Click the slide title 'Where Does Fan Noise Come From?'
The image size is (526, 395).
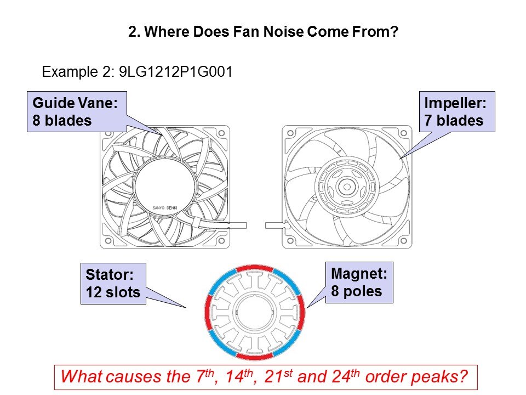tap(271, 32)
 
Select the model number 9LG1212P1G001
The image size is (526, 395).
tap(176, 71)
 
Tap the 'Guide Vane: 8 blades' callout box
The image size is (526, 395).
tap(77, 111)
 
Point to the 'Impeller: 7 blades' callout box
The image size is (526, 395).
tap(457, 111)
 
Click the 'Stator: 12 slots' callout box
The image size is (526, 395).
tap(113, 284)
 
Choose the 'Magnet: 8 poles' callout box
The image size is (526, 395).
tap(359, 283)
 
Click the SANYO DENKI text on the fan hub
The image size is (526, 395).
tap(165, 208)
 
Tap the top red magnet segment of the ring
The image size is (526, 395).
tap(255, 268)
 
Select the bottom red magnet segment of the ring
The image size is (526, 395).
tap(255, 357)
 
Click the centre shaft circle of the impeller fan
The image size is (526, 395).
tap(347, 187)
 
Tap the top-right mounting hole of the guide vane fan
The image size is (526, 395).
tap(221, 133)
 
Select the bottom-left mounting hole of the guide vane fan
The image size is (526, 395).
tap(108, 241)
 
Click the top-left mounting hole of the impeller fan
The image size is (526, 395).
tap(290, 133)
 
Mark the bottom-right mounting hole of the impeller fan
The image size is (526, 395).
tap(404, 241)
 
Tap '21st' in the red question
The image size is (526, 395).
tap(278, 376)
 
